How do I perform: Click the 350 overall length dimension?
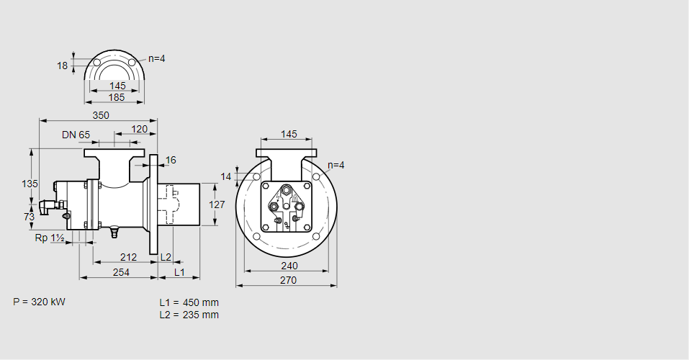click(x=101, y=115)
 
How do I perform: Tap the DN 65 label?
click(x=76, y=135)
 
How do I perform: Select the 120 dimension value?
click(x=140, y=130)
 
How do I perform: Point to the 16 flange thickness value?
click(x=171, y=160)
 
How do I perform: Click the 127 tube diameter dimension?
click(x=217, y=204)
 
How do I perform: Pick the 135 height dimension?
click(x=30, y=184)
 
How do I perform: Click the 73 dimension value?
click(x=30, y=217)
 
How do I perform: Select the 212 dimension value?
click(x=129, y=257)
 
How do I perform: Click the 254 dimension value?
click(x=121, y=272)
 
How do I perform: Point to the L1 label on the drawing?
click(x=179, y=272)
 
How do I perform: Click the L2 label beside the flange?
click(x=166, y=257)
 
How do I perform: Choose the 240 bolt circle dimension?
click(x=289, y=266)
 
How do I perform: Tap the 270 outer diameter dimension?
click(x=287, y=281)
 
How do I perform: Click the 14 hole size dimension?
click(x=226, y=176)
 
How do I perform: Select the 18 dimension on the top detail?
click(x=62, y=66)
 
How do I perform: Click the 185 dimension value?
click(x=117, y=96)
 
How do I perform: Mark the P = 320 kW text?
click(x=39, y=302)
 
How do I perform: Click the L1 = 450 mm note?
click(x=189, y=302)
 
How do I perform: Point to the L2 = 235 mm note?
click(x=189, y=315)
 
